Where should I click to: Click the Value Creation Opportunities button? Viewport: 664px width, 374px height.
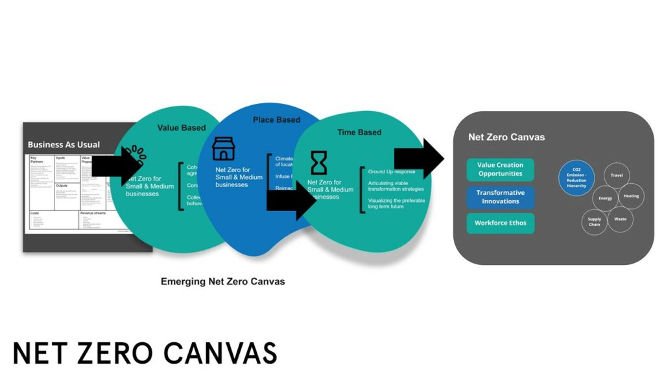[500, 169]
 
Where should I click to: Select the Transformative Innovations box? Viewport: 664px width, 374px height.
[500, 197]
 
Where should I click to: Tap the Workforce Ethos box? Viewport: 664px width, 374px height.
[500, 223]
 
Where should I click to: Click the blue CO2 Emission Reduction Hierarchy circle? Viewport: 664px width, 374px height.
[576, 178]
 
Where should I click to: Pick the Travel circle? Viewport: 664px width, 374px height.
[616, 175]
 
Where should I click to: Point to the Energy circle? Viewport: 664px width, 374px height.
[605, 198]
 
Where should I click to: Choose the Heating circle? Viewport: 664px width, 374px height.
[630, 196]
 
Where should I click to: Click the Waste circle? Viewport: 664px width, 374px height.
[619, 219]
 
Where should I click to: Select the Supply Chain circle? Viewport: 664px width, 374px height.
[594, 222]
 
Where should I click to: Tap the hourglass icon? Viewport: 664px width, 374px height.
[318, 162]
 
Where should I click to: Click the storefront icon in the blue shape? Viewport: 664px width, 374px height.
[224, 149]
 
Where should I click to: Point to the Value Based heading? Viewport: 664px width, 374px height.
[181, 128]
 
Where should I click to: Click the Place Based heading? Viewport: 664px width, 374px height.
[276, 120]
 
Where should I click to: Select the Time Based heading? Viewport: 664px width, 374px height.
[359, 132]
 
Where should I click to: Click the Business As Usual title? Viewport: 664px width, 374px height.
[64, 144]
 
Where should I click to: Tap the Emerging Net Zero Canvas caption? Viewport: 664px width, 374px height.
[222, 282]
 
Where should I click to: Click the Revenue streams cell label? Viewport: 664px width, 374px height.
[97, 212]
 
